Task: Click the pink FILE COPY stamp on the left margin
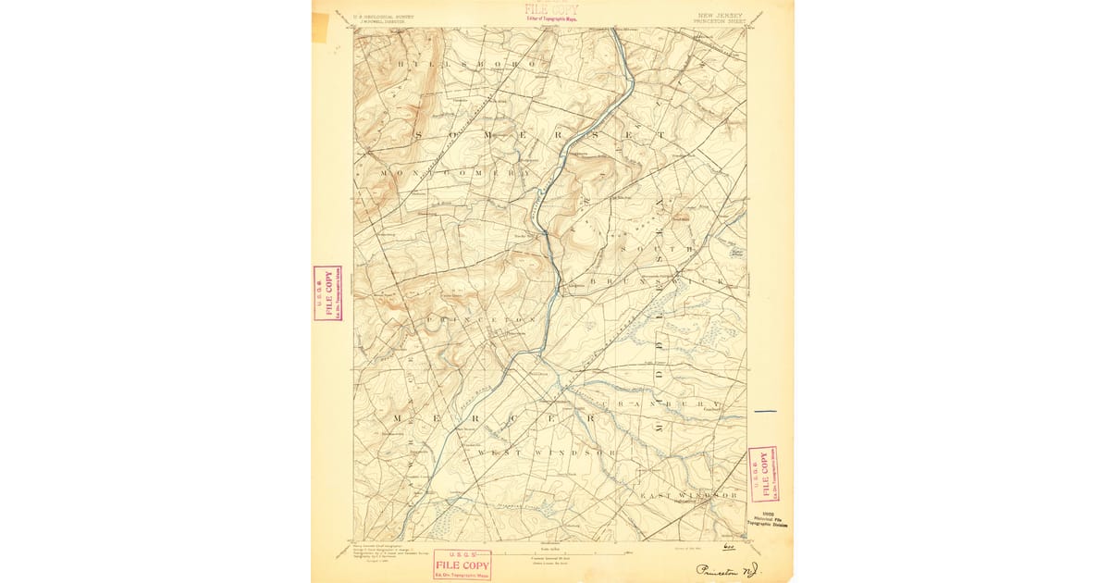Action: pos(327,292)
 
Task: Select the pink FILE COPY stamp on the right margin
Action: pos(763,474)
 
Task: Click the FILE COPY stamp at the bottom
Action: pos(462,564)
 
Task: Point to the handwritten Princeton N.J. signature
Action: pos(729,570)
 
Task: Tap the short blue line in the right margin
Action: pos(766,410)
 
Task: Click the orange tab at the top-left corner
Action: pos(320,27)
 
